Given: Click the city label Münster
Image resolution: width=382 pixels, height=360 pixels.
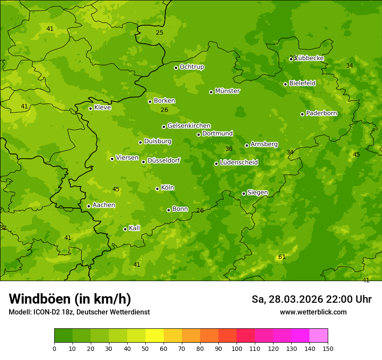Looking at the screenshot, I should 227,91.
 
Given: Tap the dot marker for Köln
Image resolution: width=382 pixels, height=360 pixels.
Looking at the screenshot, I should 158,189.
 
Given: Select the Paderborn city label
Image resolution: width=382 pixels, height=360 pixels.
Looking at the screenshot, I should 322,113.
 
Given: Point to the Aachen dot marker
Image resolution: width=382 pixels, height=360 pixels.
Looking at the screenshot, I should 89,206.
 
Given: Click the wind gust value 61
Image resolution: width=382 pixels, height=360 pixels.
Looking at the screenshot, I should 282,257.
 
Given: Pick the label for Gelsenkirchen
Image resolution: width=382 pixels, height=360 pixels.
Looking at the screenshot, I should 189,126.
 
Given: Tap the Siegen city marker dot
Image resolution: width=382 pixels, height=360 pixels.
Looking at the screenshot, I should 244,193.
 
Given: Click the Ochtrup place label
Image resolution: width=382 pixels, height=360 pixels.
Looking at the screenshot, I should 192,67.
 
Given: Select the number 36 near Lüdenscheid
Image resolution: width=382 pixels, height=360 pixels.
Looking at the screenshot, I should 229,149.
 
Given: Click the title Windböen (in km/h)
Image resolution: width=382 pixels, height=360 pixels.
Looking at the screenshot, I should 70,299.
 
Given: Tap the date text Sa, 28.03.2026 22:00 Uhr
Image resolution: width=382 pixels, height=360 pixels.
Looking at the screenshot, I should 312,299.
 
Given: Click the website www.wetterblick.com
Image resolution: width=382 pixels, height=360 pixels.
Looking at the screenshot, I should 313,312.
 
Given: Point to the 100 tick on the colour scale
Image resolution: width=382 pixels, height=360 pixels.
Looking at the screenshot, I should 237,348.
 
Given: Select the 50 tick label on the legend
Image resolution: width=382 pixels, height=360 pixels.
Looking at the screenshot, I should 145,348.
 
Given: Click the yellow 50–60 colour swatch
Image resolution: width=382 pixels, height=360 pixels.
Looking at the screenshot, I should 155,335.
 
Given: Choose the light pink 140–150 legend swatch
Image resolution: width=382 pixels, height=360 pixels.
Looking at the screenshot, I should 319,335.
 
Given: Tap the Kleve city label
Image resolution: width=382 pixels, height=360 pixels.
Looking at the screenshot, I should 103,107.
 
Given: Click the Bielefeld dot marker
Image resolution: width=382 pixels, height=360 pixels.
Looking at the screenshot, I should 286,84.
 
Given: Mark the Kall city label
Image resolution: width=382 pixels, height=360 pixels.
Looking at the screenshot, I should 135,228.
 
